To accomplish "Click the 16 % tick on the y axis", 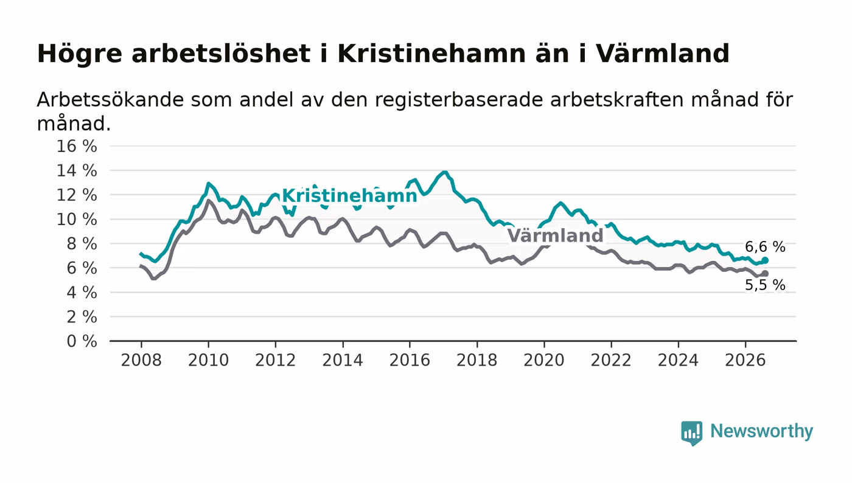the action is (x=77, y=146).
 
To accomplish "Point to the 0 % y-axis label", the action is (x=82, y=341).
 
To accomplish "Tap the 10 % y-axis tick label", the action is (x=77, y=220).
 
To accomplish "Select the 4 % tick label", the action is (x=82, y=293).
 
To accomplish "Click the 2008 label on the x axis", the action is (x=141, y=360).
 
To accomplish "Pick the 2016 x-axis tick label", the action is (x=410, y=360).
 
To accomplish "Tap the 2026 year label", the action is (x=745, y=360).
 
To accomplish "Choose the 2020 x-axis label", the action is (x=544, y=360).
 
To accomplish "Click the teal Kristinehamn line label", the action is (x=349, y=196).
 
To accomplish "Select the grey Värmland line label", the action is (x=555, y=235).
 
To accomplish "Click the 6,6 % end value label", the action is (x=765, y=247).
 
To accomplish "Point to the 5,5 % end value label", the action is (x=765, y=285).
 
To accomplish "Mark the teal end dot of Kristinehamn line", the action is (x=765, y=260).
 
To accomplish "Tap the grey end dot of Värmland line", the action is (x=765, y=274).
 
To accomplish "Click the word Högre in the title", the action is (x=80, y=54).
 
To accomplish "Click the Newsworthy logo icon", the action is (x=691, y=433).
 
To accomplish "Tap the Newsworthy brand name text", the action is (x=761, y=431).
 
